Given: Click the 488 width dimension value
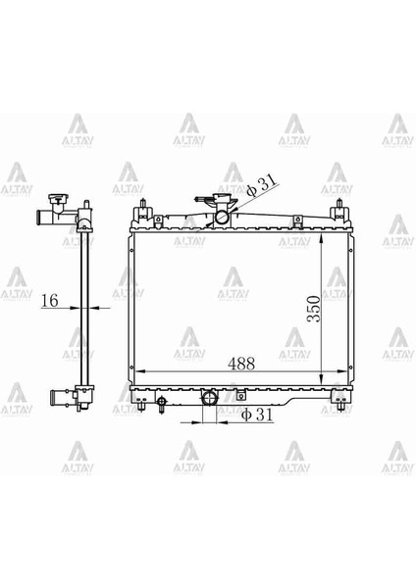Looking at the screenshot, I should pyautogui.click(x=240, y=363).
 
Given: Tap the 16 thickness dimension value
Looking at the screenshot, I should pyautogui.click(x=50, y=303).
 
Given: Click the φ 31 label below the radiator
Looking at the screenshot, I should pyautogui.click(x=257, y=416).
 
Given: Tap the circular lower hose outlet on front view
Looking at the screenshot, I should pyautogui.click(x=209, y=399).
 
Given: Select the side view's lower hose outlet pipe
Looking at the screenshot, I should pyautogui.click(x=59, y=399).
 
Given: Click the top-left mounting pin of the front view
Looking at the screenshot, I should pyautogui.click(x=145, y=208).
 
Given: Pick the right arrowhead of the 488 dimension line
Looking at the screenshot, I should pyautogui.click(x=346, y=372).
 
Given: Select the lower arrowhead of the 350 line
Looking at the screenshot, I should pyautogui.click(x=324, y=383).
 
